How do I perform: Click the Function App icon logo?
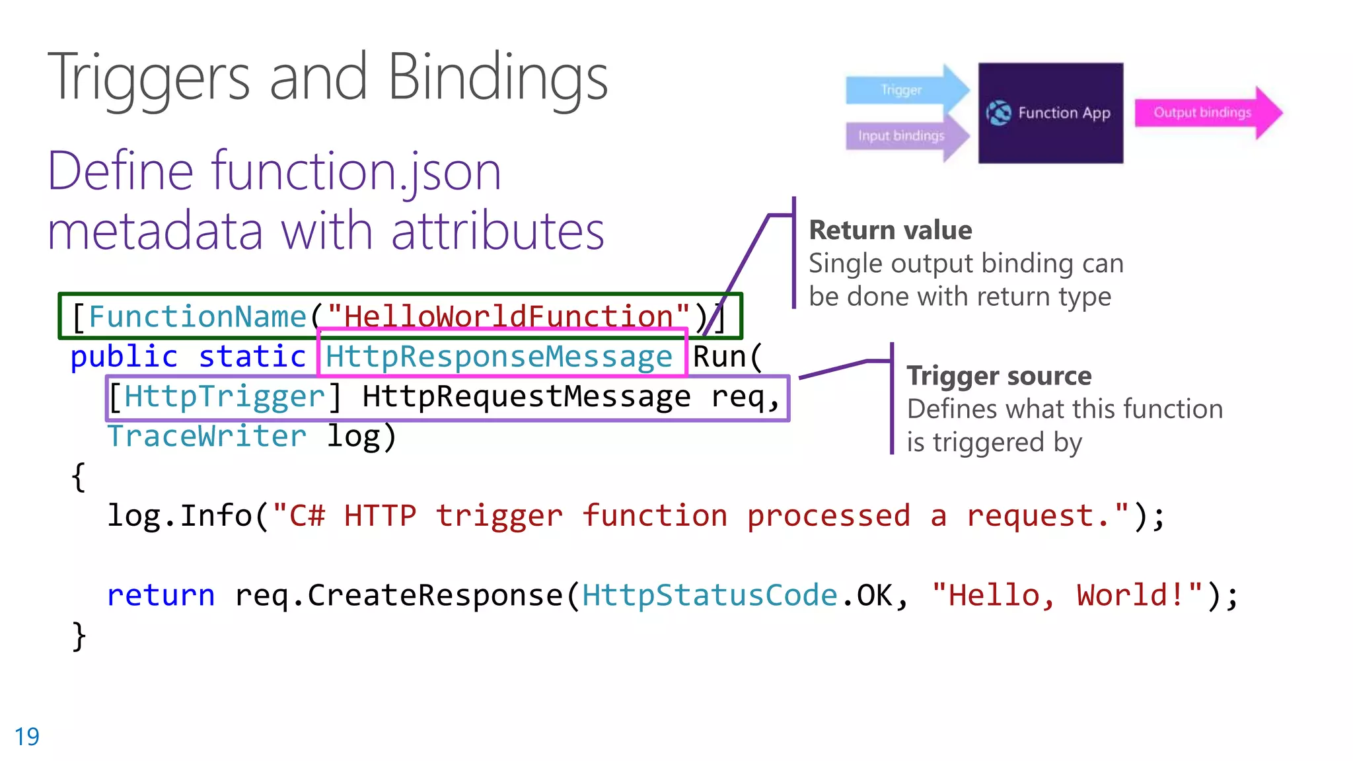click(999, 113)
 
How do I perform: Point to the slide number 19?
click(27, 737)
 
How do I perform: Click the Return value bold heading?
click(891, 231)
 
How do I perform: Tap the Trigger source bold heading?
click(999, 376)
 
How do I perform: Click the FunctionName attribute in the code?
click(198, 317)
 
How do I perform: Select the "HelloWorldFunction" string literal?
click(508, 317)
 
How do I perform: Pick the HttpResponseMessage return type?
click(499, 357)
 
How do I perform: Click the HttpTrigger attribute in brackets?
click(225, 397)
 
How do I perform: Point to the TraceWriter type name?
click(207, 437)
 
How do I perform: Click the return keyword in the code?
click(161, 596)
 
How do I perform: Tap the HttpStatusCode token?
click(710, 596)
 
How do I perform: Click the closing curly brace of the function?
click(79, 636)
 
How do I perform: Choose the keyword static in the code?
click(252, 357)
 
